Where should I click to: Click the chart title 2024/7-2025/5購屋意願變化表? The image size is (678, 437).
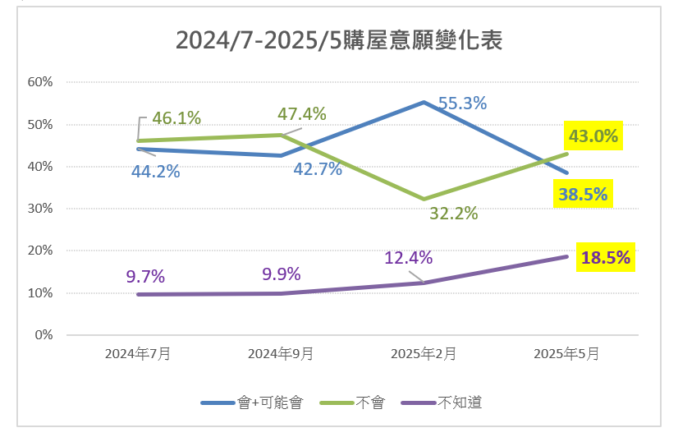click(x=339, y=39)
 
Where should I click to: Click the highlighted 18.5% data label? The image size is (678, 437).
click(x=605, y=257)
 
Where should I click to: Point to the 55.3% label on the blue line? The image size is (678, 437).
click(x=462, y=103)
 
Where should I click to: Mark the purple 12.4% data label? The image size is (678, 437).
click(x=408, y=258)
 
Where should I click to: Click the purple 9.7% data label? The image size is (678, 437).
click(x=146, y=276)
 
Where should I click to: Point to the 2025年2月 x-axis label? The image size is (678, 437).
click(x=424, y=354)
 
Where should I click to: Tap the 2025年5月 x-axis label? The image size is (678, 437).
click(x=566, y=354)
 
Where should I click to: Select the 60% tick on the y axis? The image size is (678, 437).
click(x=40, y=82)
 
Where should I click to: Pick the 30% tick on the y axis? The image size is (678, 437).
click(x=40, y=209)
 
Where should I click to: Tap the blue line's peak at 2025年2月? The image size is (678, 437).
click(x=424, y=103)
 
